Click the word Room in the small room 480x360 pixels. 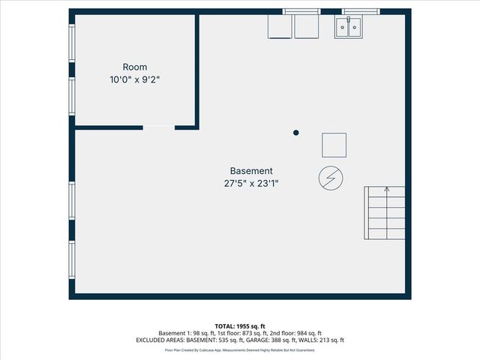pos(135,67)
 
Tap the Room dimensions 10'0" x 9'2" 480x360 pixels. pos(135,79)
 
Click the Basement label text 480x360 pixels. pos(251,170)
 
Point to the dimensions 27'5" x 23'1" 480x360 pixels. pos(251,182)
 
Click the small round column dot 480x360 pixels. pos(296,133)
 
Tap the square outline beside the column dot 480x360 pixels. pos(334,145)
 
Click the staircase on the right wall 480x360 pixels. pos(385,214)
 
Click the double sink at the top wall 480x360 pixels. pos(347,28)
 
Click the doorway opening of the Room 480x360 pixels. pos(158,128)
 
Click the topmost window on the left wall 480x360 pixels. pos(72,44)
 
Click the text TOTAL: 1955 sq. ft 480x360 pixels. pos(240,326)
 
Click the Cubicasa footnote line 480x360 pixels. pos(240,349)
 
